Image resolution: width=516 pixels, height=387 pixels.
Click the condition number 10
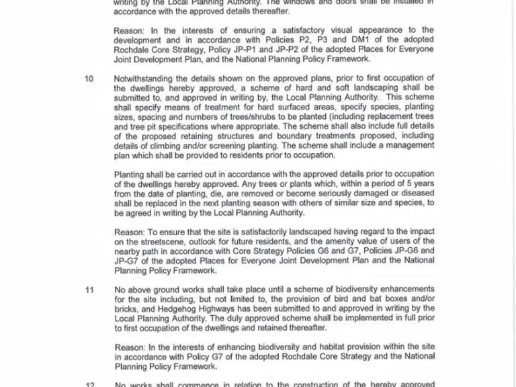coord(89,79)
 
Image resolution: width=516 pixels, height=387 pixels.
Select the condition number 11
coord(89,290)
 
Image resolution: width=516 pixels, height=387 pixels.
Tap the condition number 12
coord(89,385)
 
